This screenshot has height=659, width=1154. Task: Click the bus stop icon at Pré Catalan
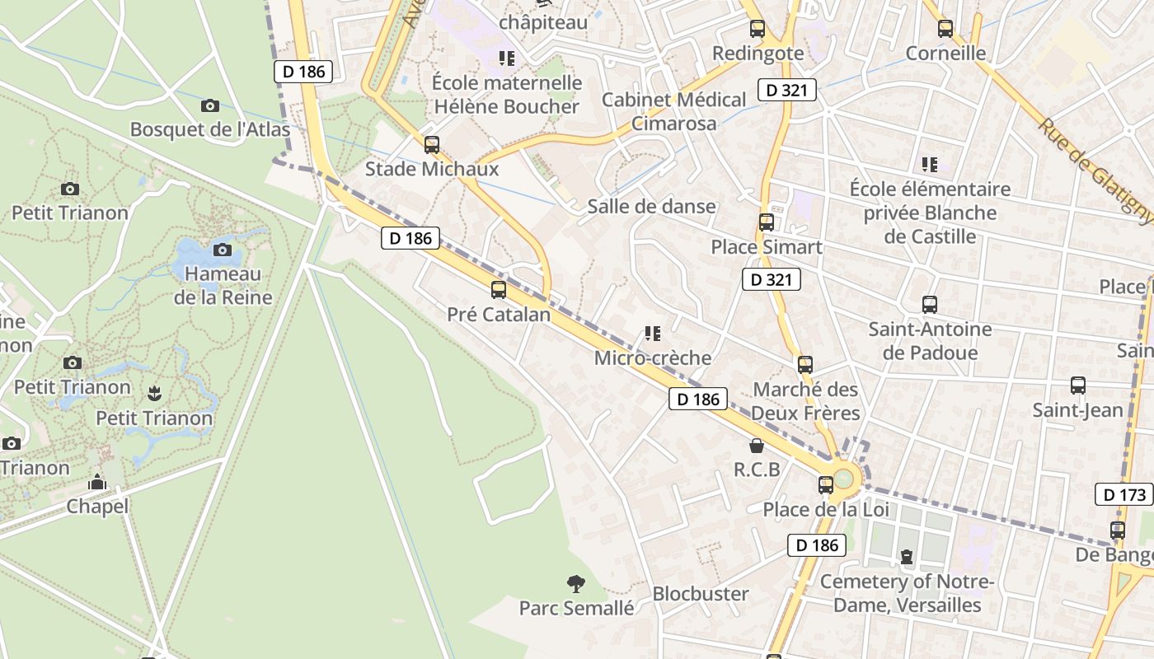click(x=498, y=290)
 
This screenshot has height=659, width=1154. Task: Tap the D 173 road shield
click(x=1124, y=495)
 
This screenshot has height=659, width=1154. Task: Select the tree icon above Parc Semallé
click(x=576, y=584)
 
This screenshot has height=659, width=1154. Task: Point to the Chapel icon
click(x=97, y=482)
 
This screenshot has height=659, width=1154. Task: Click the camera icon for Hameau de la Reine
click(x=222, y=250)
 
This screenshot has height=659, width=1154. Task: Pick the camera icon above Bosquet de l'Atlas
click(x=210, y=105)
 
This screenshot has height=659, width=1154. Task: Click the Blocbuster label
click(x=701, y=594)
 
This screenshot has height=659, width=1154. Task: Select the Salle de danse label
click(x=651, y=207)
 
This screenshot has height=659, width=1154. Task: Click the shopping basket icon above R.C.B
click(x=756, y=446)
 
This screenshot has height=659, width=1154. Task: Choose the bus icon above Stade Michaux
click(x=431, y=145)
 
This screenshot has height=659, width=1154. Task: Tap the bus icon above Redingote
click(x=757, y=29)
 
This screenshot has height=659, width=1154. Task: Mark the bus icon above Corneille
click(x=945, y=29)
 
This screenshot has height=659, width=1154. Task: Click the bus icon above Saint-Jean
click(x=1077, y=386)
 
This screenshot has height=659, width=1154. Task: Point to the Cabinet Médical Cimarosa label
click(x=673, y=111)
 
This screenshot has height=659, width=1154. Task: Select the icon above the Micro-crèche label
click(x=653, y=334)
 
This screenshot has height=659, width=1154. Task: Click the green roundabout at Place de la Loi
click(x=844, y=479)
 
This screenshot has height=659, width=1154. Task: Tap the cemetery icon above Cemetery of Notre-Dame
click(x=907, y=558)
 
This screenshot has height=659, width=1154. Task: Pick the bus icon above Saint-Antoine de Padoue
click(x=930, y=305)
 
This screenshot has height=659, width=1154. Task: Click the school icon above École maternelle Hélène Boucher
click(x=506, y=58)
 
